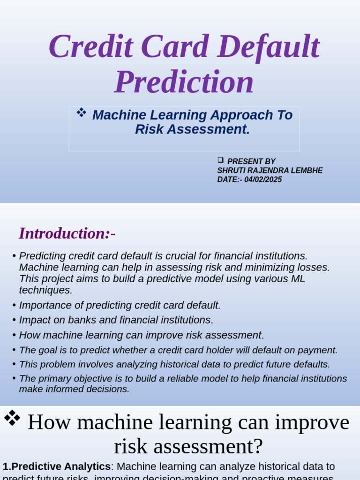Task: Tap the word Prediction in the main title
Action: click(184, 82)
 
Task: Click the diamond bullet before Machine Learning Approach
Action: click(81, 112)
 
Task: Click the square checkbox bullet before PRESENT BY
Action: click(220, 160)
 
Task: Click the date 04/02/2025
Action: click(263, 180)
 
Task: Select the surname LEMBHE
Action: click(307, 171)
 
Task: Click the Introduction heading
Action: click(67, 233)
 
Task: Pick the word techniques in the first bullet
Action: click(45, 290)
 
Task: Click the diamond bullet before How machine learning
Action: click(12, 417)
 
